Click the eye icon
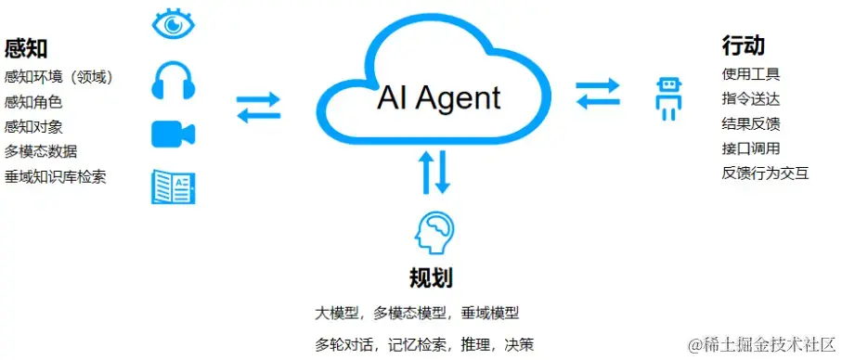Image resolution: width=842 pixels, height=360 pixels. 173,24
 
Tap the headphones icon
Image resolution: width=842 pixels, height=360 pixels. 172,81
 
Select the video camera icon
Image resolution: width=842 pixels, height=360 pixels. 173,135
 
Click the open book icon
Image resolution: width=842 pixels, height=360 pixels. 173,186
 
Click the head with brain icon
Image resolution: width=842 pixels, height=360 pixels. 434,234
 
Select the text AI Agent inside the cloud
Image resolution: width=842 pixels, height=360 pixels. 438,98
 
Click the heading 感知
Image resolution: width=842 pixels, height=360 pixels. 26,48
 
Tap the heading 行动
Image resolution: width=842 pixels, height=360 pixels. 743,45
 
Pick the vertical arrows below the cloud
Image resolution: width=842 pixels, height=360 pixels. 434,173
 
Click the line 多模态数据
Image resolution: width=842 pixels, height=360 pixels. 41,151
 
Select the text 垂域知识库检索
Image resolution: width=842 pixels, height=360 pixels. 55,176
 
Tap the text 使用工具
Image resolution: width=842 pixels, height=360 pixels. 750,73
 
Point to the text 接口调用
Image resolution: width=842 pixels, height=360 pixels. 750,148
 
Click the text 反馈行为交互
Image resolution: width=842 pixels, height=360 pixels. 765,173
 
